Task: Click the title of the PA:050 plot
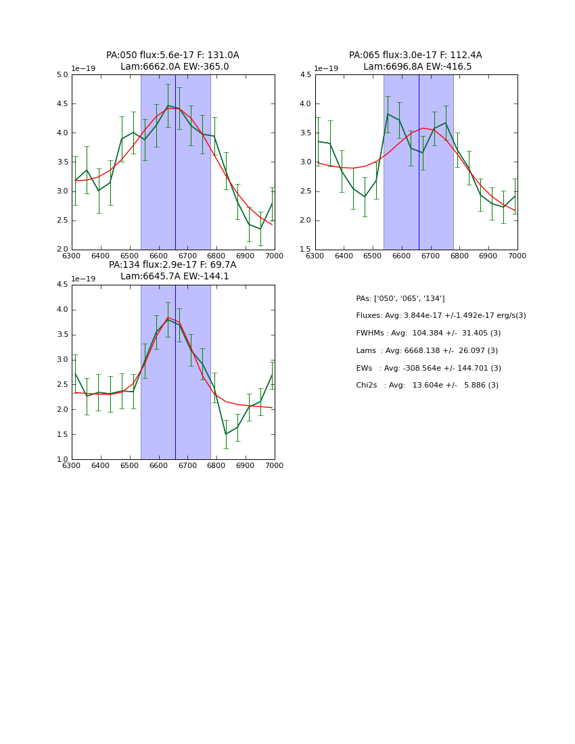[x=172, y=61]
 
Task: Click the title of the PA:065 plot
[x=415, y=61]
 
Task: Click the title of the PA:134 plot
[x=172, y=271]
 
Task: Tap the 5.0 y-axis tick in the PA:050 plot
[x=61, y=75]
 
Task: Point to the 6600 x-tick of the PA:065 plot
[x=402, y=255]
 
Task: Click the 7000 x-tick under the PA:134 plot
[x=275, y=465]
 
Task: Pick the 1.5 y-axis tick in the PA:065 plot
[x=304, y=250]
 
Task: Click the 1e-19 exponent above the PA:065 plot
[x=327, y=69]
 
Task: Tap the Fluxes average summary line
[x=440, y=316]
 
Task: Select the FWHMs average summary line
[x=428, y=333]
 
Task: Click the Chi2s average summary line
[x=427, y=386]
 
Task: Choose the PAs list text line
[x=400, y=299]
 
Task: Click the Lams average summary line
[x=427, y=351]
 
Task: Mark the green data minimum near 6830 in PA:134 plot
[x=225, y=434]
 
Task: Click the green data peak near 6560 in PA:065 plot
[x=388, y=114]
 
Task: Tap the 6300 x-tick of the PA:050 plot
[x=72, y=255]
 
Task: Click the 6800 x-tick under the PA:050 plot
[x=216, y=255]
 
